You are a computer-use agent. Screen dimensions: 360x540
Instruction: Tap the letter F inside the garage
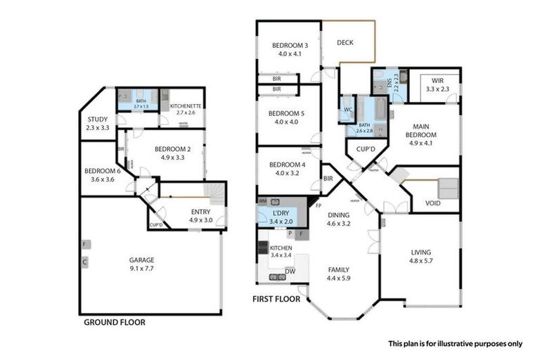[84, 245]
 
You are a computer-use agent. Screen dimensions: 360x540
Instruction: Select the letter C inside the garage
[84, 264]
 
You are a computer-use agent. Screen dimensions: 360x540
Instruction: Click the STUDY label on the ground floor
[97, 120]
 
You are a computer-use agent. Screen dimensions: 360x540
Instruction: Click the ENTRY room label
[200, 212]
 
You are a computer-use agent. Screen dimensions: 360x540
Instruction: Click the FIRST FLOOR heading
[276, 299]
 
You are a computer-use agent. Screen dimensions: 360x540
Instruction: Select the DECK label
[345, 43]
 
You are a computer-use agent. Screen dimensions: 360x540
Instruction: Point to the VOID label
[433, 204]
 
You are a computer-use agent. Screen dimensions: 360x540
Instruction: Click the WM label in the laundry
[263, 202]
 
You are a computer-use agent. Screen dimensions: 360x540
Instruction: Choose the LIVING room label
[421, 252]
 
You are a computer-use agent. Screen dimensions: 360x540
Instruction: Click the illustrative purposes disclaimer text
[455, 344]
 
